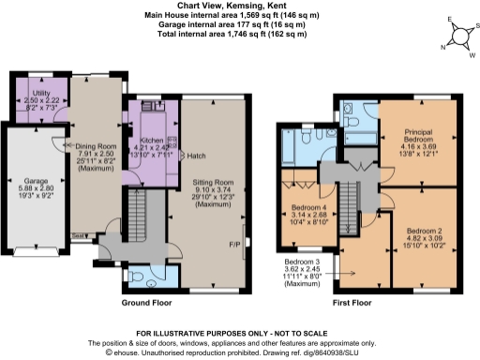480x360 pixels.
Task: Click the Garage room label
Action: click(32, 181)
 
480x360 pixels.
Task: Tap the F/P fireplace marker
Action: click(234, 245)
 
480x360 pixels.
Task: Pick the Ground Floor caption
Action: click(147, 303)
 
